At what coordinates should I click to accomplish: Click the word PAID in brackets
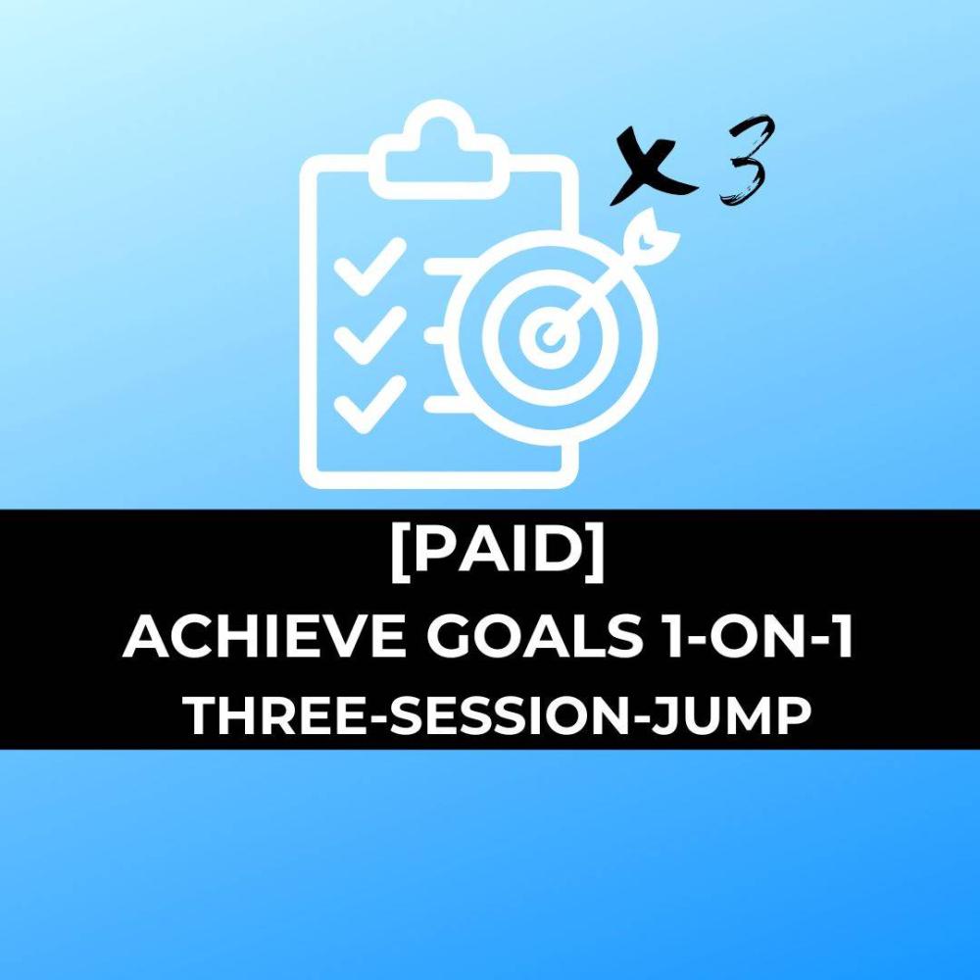pos(498,550)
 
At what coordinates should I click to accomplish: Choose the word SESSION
pos(510,716)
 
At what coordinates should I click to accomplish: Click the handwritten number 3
pos(744,162)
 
